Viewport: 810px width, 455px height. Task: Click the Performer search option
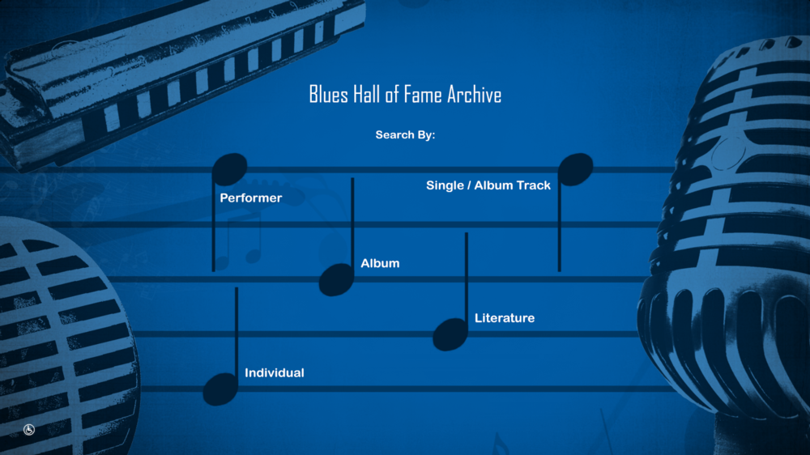[250, 198]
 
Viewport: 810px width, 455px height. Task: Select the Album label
[380, 263]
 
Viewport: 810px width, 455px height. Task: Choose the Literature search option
[504, 318]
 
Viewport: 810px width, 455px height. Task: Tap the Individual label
[275, 373]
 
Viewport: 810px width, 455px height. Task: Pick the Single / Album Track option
[488, 185]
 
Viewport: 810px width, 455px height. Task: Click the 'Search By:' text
[405, 134]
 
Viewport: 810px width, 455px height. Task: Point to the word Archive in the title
[474, 95]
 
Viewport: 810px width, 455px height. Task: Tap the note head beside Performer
[229, 169]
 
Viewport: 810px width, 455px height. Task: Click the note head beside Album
[336, 280]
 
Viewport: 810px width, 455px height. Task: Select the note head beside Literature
[450, 334]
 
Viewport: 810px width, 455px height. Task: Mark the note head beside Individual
[220, 389]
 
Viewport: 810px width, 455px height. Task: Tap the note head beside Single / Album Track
[575, 169]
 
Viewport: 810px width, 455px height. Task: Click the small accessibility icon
[29, 430]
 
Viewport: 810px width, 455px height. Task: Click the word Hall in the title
[367, 95]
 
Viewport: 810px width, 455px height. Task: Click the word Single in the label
[445, 185]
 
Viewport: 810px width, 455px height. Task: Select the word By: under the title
[426, 134]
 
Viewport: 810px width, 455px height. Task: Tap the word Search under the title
[394, 134]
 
